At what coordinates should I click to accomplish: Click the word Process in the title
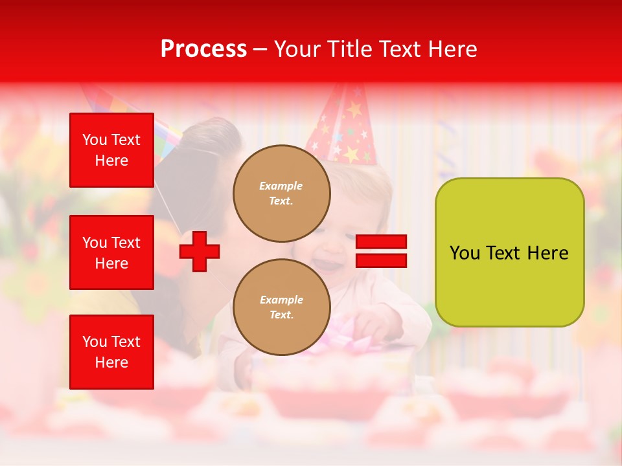[203, 49]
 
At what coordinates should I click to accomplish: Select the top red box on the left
[111, 150]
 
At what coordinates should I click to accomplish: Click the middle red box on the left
[111, 252]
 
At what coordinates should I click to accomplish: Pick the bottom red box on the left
[111, 352]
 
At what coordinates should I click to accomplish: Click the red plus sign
[200, 251]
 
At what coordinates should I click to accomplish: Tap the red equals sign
[381, 251]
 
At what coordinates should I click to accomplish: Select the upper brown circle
[282, 194]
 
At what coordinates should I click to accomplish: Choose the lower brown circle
[282, 307]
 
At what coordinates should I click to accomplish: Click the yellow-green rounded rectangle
[509, 252]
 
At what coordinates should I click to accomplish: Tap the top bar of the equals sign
[381, 242]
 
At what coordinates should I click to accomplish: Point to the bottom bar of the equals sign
[381, 260]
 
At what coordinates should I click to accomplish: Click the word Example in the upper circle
[281, 186]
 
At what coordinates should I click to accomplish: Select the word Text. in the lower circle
[281, 315]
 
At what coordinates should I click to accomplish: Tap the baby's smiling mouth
[328, 264]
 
